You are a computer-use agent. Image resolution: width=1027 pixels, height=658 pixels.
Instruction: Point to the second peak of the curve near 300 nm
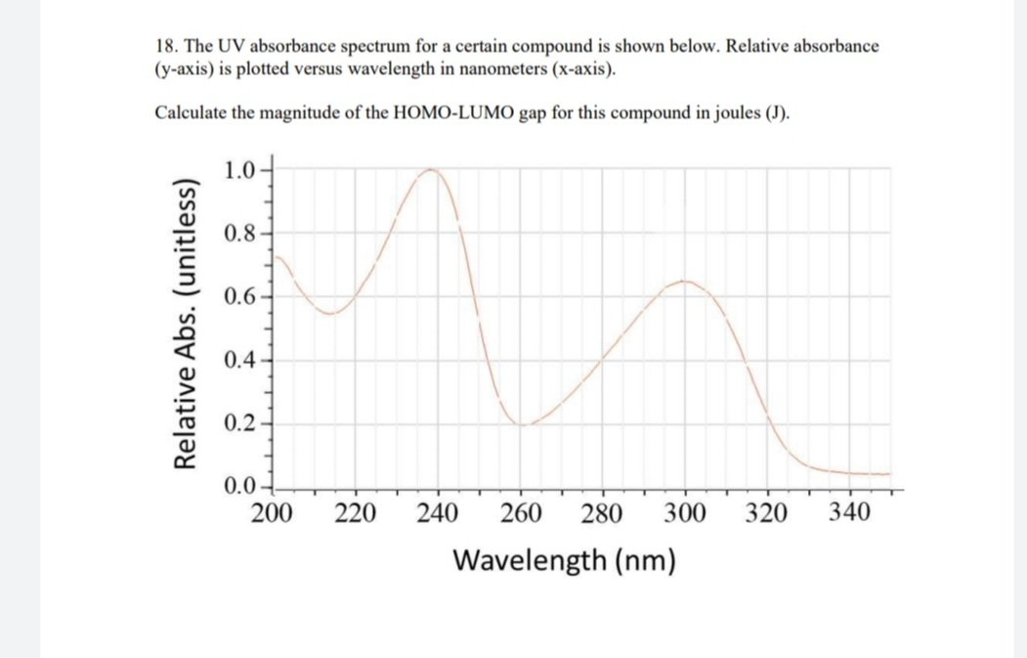pos(685,281)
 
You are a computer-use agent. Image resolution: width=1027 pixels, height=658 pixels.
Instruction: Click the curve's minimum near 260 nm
pos(524,425)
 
